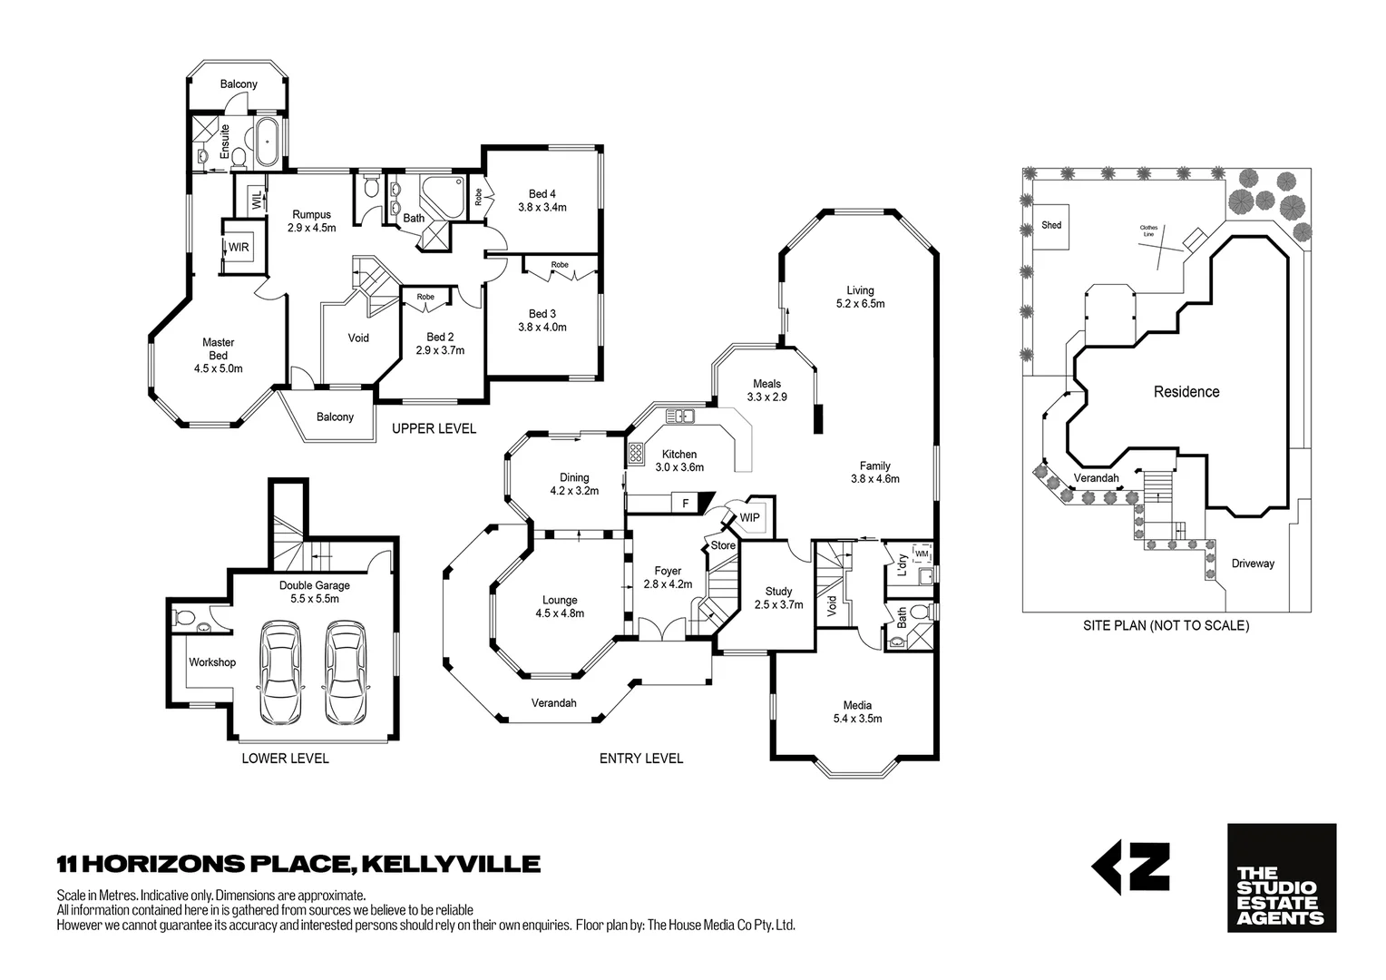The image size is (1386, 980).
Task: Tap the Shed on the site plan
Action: pyautogui.click(x=1051, y=225)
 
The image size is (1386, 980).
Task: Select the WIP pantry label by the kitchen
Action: pyautogui.click(x=749, y=517)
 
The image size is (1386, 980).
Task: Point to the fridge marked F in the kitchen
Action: pyautogui.click(x=685, y=502)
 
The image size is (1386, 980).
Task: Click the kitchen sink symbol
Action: pyautogui.click(x=679, y=416)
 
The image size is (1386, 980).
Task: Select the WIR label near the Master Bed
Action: pyautogui.click(x=239, y=247)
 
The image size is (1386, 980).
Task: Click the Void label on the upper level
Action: pyautogui.click(x=358, y=338)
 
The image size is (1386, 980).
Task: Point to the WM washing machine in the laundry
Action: pyautogui.click(x=922, y=553)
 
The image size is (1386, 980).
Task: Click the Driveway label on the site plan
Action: pyautogui.click(x=1253, y=563)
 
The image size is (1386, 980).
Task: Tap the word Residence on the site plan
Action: pyautogui.click(x=1186, y=392)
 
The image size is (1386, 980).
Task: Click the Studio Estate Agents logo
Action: pyautogui.click(x=1281, y=877)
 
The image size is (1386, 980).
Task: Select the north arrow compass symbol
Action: pyautogui.click(x=1129, y=867)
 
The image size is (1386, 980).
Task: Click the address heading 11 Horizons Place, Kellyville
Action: pyautogui.click(x=298, y=863)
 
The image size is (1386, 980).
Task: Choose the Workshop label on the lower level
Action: pyautogui.click(x=212, y=662)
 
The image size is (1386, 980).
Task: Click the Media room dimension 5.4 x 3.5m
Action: pyautogui.click(x=857, y=719)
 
